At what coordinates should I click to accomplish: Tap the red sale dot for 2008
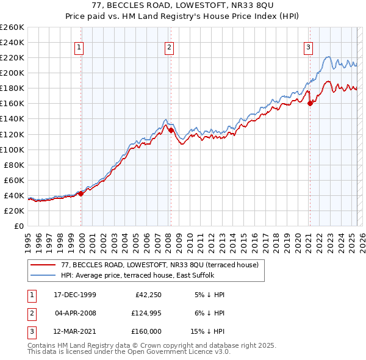click(x=171, y=130)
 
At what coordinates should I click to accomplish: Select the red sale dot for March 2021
click(x=310, y=103)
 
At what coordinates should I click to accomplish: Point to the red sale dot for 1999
click(x=81, y=193)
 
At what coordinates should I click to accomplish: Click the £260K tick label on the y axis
click(x=12, y=27)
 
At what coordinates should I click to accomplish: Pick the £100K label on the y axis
click(x=12, y=149)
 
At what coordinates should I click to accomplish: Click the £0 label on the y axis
click(x=18, y=226)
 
